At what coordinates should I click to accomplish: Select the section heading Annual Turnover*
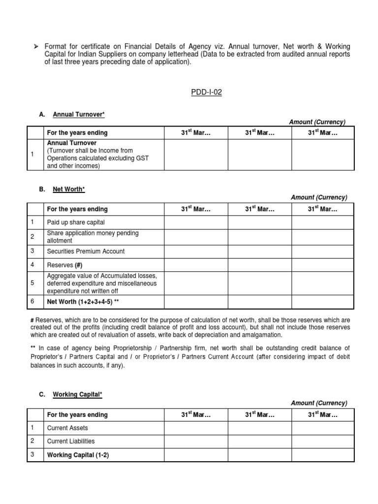pyautogui.click(x=79, y=115)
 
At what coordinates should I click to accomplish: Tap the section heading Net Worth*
pyautogui.click(x=69, y=189)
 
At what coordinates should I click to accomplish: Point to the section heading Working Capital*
pyautogui.click(x=78, y=395)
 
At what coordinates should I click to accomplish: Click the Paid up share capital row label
pyautogui.click(x=75, y=222)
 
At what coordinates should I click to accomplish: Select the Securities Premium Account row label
pyautogui.click(x=86, y=251)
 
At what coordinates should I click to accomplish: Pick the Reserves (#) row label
pyautogui.click(x=64, y=265)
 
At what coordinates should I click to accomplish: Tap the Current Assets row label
pyautogui.click(x=67, y=428)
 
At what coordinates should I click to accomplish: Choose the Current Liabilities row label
pyautogui.click(x=71, y=441)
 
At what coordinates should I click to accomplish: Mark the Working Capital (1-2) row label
pyautogui.click(x=78, y=455)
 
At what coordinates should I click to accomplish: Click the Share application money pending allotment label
pyautogui.click(x=93, y=237)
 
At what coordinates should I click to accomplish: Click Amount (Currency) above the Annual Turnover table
pyautogui.click(x=317, y=122)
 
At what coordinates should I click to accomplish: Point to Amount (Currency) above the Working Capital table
pyautogui.click(x=319, y=403)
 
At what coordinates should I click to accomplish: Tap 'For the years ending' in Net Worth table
pyautogui.click(x=77, y=209)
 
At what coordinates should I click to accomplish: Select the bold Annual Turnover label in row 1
pyautogui.click(x=71, y=143)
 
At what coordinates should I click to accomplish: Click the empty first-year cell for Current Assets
pyautogui.click(x=196, y=428)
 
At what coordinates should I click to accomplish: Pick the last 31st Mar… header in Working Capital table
pyautogui.click(x=323, y=415)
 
